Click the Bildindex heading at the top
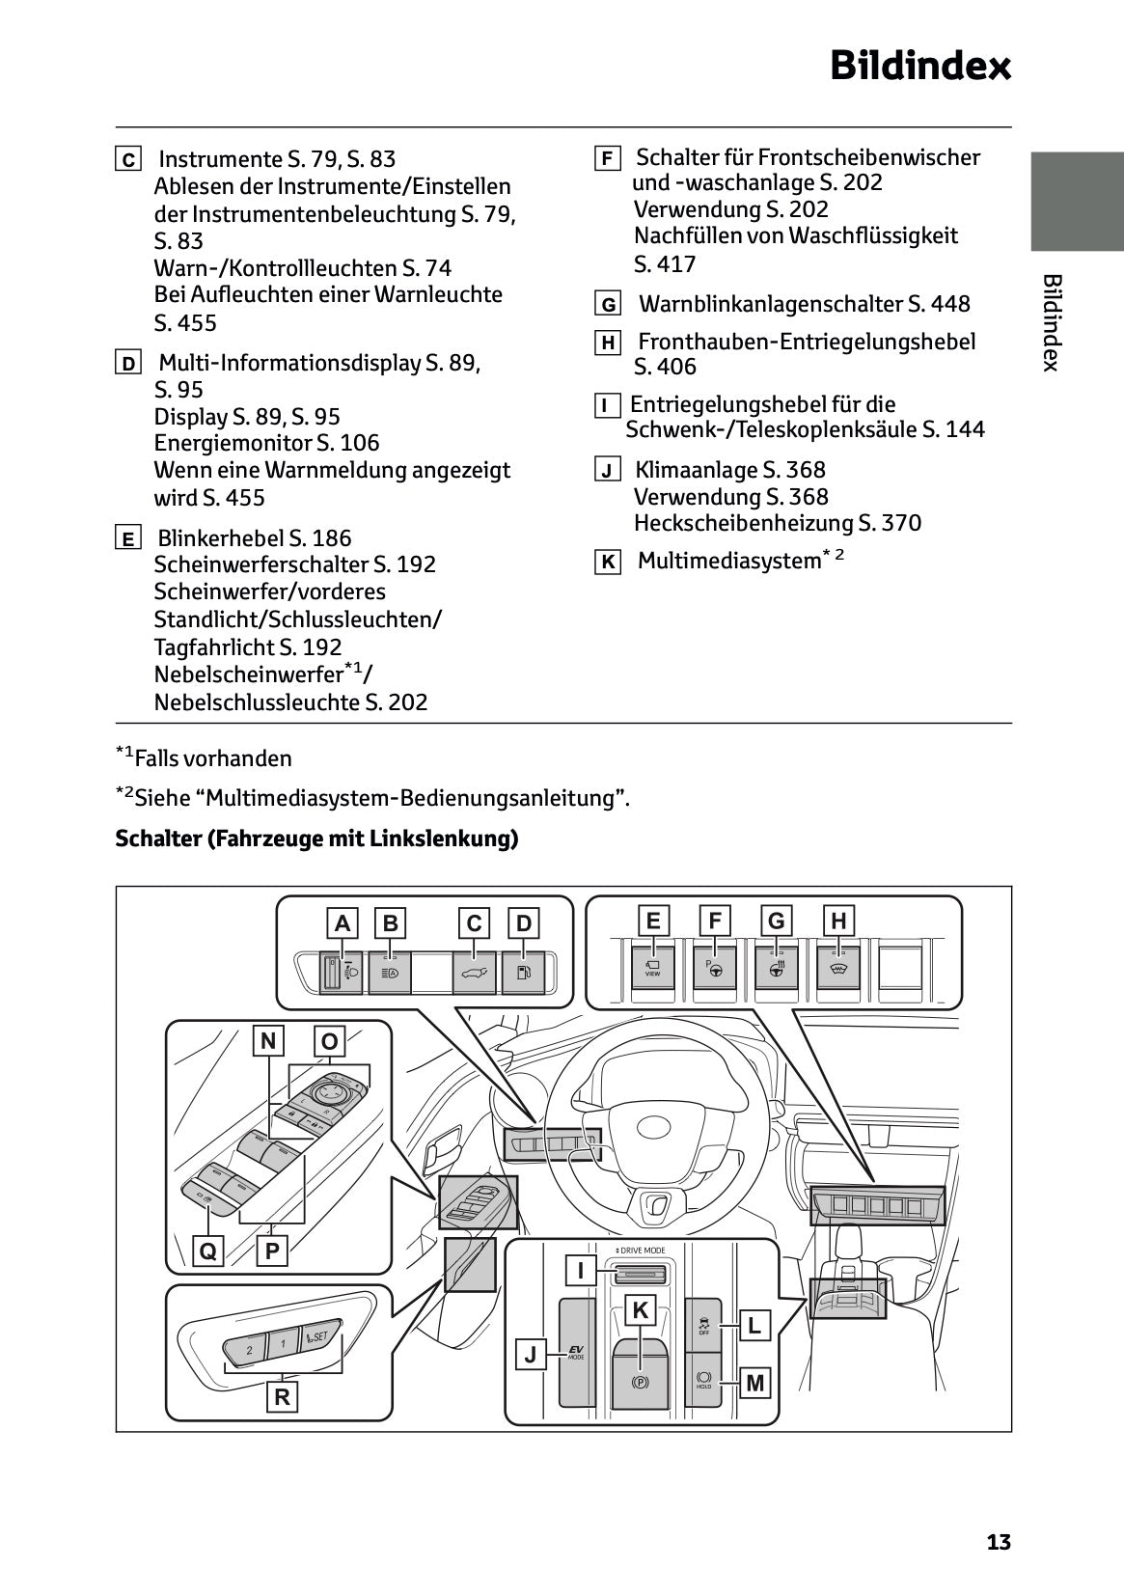(x=920, y=67)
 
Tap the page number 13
(x=999, y=1542)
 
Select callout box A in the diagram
(x=342, y=923)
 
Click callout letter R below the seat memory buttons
(x=282, y=1396)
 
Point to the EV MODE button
(x=576, y=1353)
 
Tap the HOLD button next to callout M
(x=703, y=1381)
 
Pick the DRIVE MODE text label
(x=640, y=1251)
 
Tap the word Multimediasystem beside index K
(x=728, y=561)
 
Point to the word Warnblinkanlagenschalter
(x=772, y=305)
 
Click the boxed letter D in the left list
(x=127, y=364)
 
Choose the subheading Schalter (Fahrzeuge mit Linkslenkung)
(x=316, y=839)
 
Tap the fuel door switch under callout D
(x=524, y=972)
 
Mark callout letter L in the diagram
(x=754, y=1326)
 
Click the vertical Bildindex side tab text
(x=1052, y=322)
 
